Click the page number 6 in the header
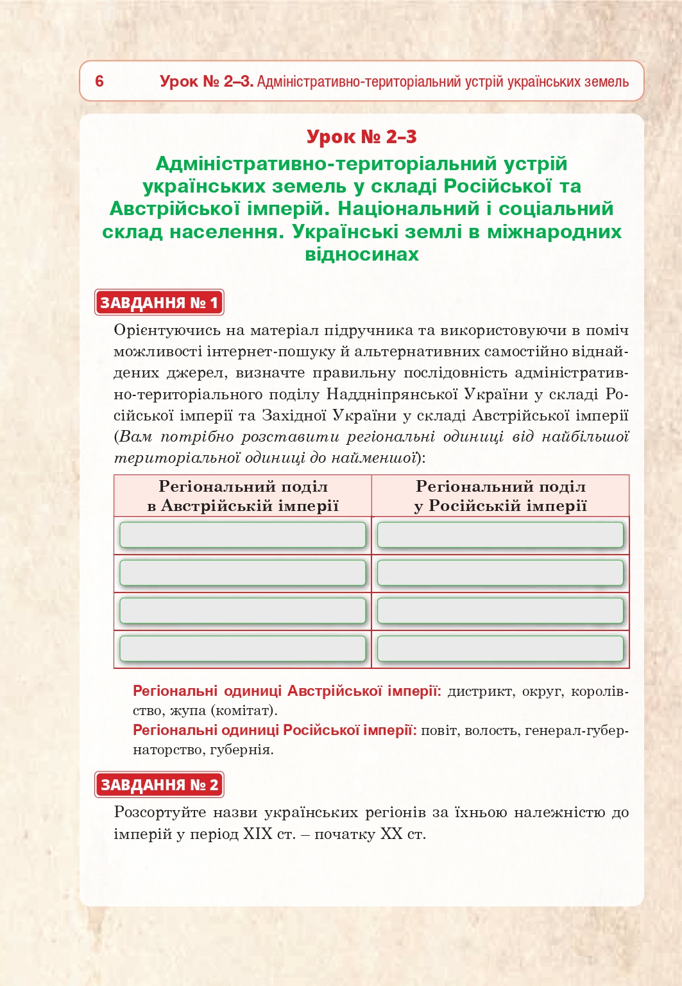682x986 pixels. coord(99,82)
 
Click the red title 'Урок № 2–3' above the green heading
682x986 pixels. coord(361,137)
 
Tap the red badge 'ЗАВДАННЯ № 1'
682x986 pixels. coord(159,302)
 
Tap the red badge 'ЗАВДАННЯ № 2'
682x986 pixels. coord(159,784)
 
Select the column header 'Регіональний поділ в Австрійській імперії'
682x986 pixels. coord(243,496)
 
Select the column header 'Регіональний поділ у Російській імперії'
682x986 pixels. coord(500,496)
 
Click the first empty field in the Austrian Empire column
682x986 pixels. coord(243,535)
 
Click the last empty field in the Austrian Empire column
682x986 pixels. coord(243,649)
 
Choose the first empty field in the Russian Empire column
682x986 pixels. coord(500,535)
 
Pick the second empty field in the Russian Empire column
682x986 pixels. coord(500,573)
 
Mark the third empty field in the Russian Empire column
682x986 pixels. coord(500,610)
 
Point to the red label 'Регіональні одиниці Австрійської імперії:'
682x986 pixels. coord(287,691)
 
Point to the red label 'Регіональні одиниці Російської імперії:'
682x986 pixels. coord(275,730)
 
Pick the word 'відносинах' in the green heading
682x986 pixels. coord(362,254)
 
